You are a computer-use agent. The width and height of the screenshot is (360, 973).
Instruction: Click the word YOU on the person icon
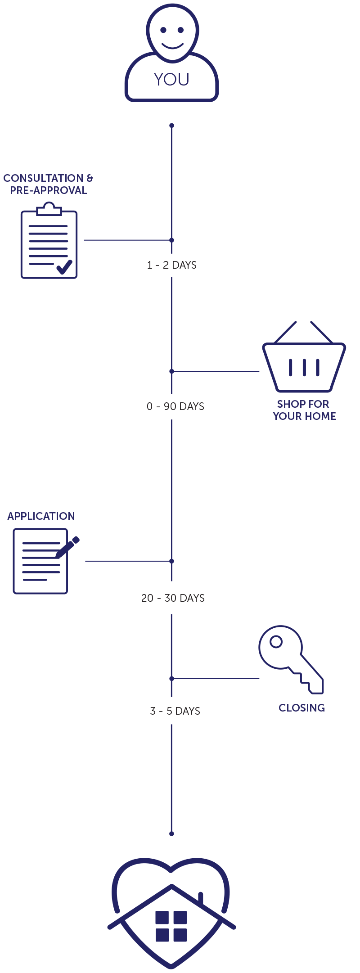[171, 79]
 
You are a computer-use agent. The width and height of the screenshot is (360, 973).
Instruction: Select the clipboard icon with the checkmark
[49, 243]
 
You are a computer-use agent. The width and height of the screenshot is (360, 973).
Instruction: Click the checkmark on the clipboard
[64, 267]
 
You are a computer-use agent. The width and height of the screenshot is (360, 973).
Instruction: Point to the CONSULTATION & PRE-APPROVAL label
[48, 184]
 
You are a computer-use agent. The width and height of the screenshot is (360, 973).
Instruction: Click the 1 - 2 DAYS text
[171, 265]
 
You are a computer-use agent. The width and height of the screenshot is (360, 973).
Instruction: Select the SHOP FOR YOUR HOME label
[304, 410]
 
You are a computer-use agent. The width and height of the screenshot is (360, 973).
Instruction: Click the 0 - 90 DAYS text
[175, 406]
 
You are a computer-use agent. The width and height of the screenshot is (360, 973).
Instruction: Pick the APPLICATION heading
[41, 516]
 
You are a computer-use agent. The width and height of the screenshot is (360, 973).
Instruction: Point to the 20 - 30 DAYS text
[173, 598]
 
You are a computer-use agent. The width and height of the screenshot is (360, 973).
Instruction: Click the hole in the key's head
[276, 641]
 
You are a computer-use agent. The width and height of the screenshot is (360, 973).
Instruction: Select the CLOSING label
[301, 708]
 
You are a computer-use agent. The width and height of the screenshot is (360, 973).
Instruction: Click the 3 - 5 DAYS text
[175, 711]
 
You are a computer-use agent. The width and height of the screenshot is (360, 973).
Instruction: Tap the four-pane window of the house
[171, 926]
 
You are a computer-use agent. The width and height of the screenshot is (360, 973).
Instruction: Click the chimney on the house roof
[201, 898]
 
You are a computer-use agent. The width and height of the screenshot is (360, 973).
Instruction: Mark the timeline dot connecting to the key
[171, 678]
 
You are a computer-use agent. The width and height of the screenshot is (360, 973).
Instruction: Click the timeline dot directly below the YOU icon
[171, 126]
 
